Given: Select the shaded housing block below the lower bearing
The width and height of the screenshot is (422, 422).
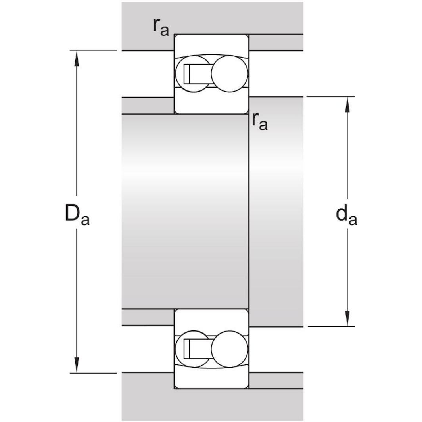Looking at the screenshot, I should click(212, 405).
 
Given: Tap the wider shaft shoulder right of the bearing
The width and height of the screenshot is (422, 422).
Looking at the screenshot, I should click(276, 210).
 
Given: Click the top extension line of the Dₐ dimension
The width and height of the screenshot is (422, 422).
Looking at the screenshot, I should click(93, 50).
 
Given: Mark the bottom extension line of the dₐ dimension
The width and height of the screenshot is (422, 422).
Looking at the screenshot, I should click(331, 326).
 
